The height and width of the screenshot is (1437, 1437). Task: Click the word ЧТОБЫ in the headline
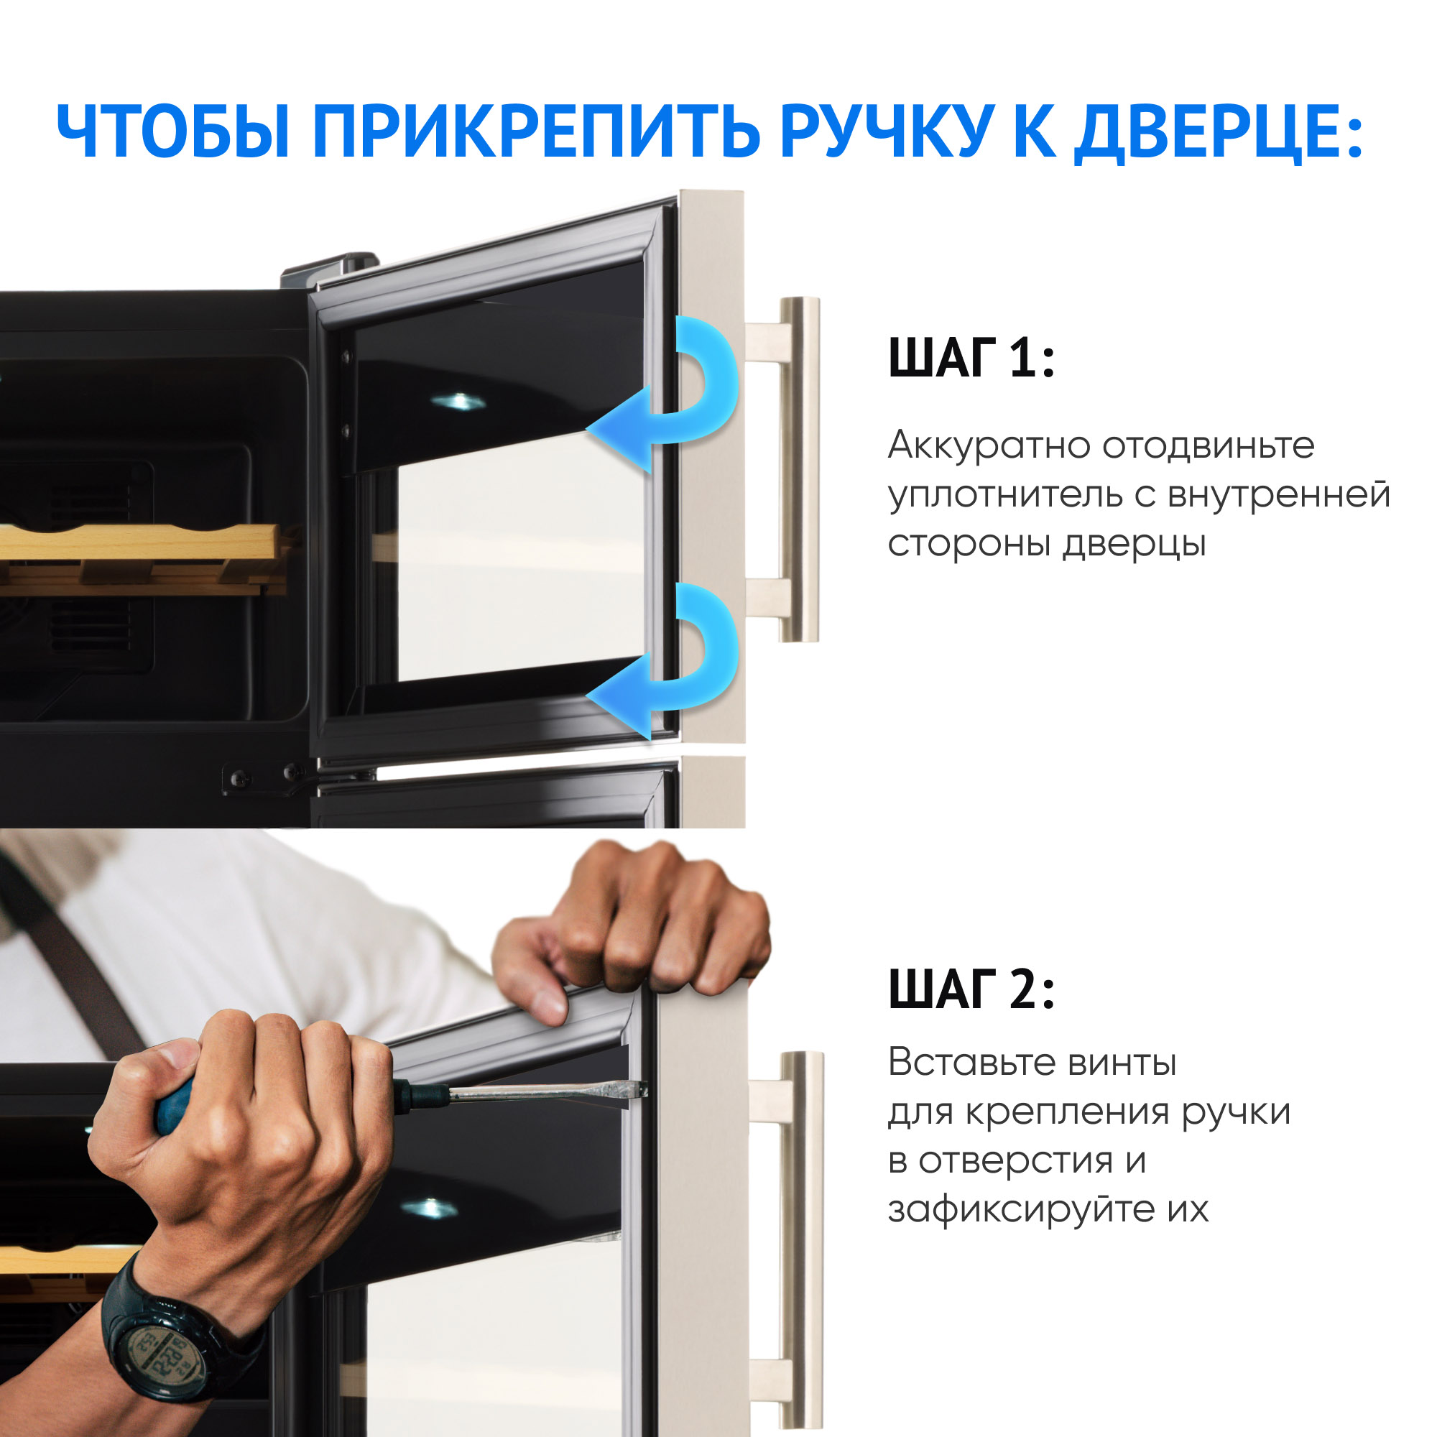(173, 131)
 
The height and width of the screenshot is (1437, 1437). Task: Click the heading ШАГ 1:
(971, 358)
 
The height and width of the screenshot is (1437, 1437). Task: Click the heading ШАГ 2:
(971, 989)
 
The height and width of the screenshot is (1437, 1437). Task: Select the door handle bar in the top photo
(799, 468)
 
